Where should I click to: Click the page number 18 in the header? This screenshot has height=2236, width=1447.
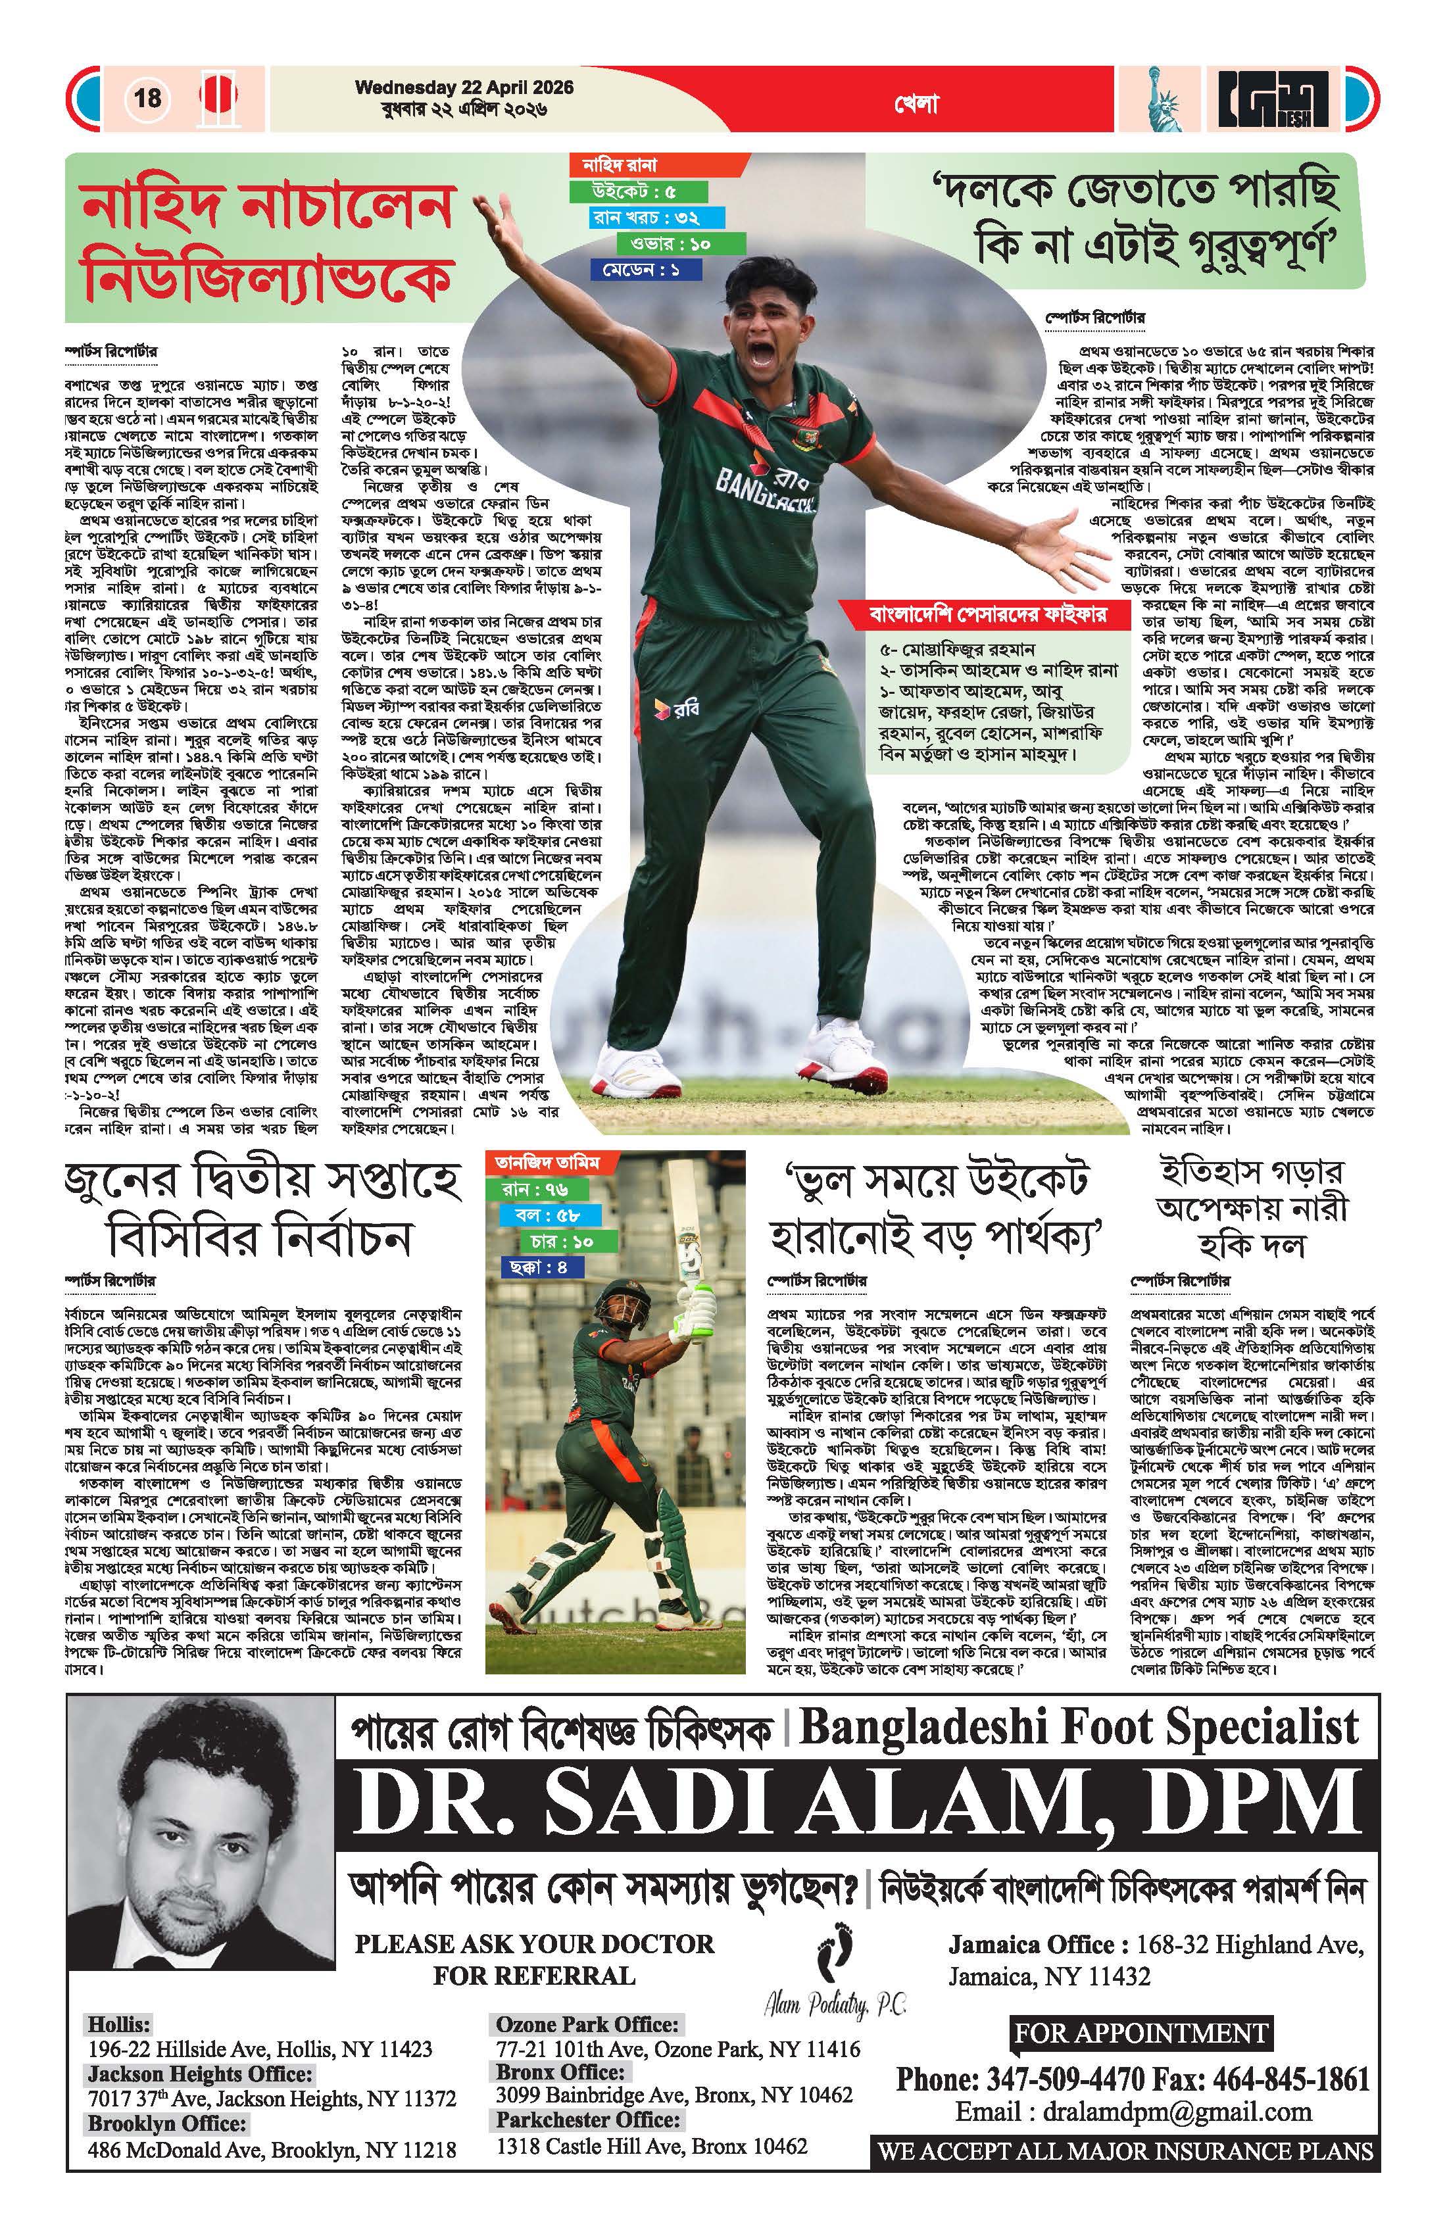147,98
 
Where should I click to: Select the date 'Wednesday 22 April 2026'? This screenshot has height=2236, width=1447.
464,87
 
